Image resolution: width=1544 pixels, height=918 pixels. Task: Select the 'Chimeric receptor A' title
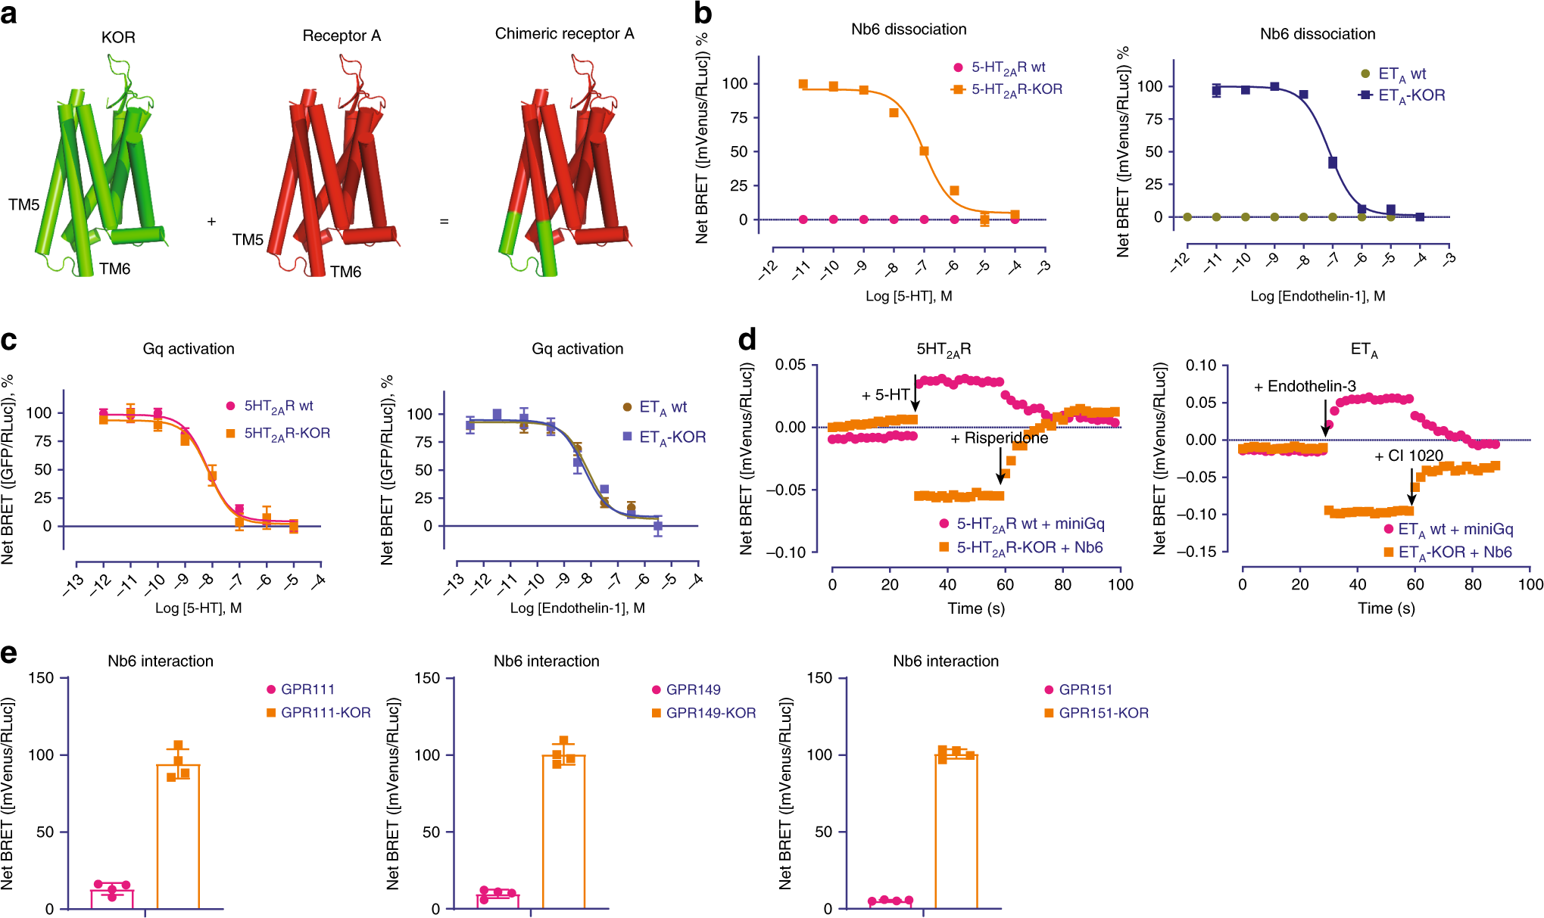pos(564,34)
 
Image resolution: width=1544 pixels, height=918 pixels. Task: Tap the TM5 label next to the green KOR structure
pos(23,204)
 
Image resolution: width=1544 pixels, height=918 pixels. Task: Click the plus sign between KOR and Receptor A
pos(211,221)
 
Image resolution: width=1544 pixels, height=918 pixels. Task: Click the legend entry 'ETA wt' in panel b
pos(1402,73)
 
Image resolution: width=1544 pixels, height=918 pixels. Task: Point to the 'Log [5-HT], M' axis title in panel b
pos(909,296)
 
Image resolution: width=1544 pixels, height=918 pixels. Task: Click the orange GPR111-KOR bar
pos(178,836)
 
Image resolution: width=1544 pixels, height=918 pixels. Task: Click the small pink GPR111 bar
pos(112,898)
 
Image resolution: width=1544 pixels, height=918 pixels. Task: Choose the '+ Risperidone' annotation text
pos(1000,438)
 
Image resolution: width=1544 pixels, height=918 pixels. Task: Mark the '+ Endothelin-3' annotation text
pos(1305,387)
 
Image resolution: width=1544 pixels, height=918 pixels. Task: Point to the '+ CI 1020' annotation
pos(1408,456)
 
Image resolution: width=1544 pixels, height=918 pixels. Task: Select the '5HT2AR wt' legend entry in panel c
pos(278,406)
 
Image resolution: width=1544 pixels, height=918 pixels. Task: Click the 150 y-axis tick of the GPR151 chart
pos(819,678)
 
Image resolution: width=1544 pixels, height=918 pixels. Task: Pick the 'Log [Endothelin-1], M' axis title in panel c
pos(577,608)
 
